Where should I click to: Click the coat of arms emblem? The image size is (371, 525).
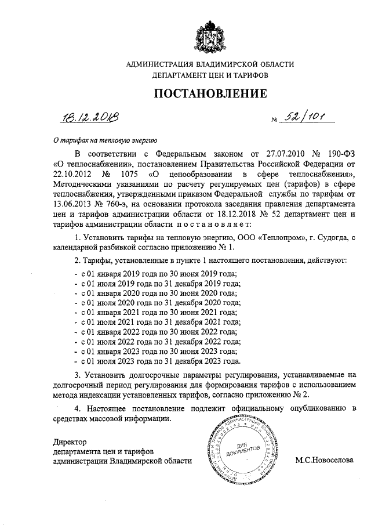point(210,35)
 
